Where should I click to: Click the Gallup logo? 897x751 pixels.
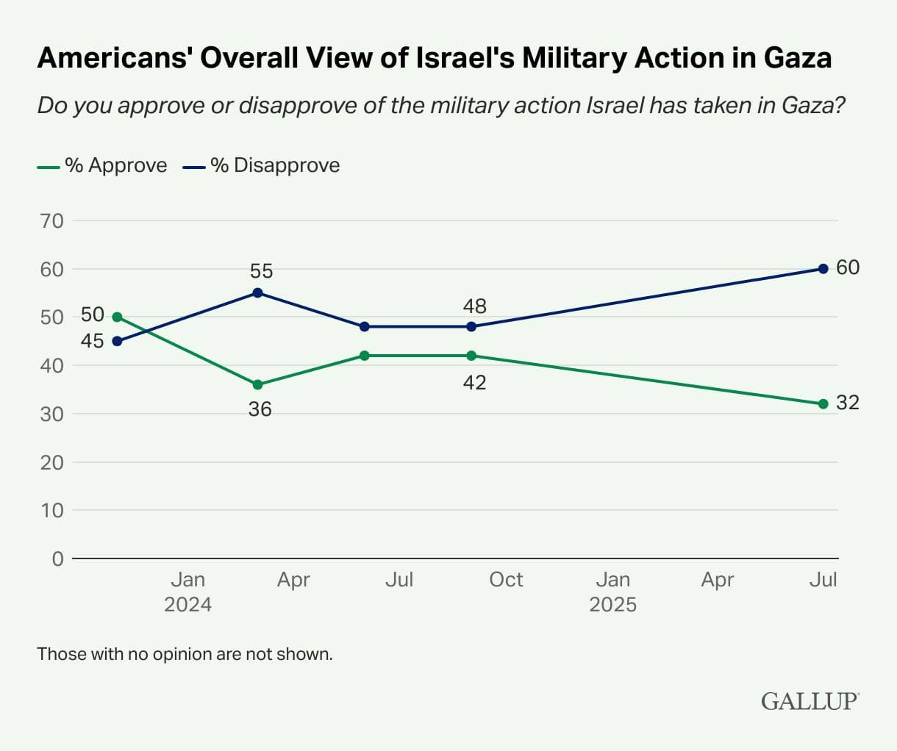[x=809, y=701]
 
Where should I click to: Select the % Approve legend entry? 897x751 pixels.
[x=102, y=165]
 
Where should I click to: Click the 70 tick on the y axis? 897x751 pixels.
[x=51, y=220]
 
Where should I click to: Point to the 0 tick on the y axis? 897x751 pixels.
[x=57, y=558]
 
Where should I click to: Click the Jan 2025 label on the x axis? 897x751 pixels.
[x=612, y=592]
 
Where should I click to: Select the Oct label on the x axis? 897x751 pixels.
[x=506, y=580]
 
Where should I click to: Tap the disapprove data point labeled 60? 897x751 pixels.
[x=823, y=269]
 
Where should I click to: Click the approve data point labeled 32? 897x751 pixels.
[x=823, y=403]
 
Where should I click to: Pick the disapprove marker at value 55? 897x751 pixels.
[x=257, y=292]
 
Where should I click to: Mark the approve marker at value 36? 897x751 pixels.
[x=257, y=384]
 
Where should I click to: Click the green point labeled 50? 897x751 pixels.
[x=117, y=317]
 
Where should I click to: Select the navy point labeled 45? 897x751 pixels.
[x=117, y=341]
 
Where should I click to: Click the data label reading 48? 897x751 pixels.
[x=474, y=306]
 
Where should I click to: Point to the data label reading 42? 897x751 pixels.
[x=474, y=383]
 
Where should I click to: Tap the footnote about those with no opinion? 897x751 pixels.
[x=185, y=653]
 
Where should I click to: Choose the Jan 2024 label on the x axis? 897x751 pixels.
[x=187, y=592]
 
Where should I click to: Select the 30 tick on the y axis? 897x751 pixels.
[x=51, y=414]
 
